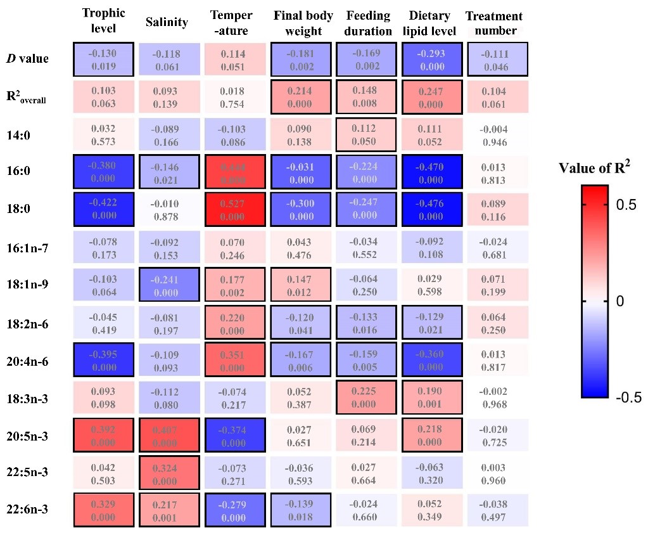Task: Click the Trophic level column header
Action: coord(104,22)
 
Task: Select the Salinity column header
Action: coord(167,23)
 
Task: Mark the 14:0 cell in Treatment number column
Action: coord(497,134)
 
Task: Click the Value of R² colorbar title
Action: coord(594,169)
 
